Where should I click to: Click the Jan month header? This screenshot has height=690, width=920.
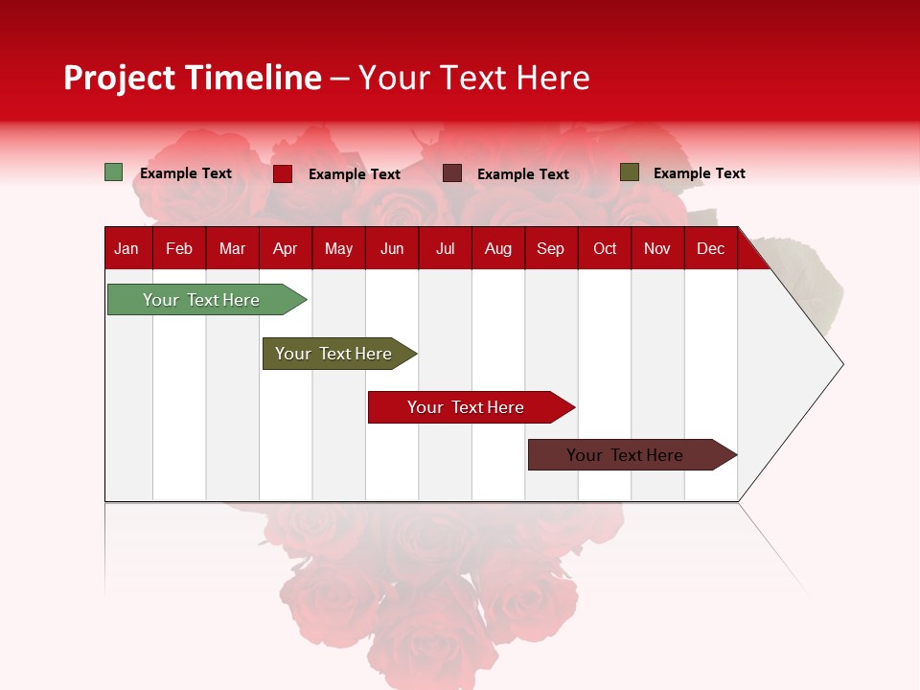(x=126, y=248)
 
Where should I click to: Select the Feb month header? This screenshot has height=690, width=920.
(x=179, y=248)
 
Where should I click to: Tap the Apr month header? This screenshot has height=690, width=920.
(x=285, y=248)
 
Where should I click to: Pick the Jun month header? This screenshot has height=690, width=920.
(x=392, y=248)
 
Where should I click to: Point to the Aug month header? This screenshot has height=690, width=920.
(x=497, y=248)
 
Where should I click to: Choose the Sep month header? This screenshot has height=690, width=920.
(x=550, y=248)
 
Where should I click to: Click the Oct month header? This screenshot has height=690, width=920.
(x=605, y=248)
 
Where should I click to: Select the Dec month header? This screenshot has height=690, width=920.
(x=710, y=248)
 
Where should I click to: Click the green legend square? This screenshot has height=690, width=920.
(x=113, y=172)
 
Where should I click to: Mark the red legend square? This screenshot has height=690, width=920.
(x=283, y=173)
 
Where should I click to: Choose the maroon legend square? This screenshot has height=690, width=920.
(x=452, y=173)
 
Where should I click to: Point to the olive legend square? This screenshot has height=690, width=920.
(x=629, y=172)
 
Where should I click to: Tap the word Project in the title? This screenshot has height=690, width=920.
(x=120, y=78)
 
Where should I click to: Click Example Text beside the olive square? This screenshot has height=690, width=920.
(x=699, y=173)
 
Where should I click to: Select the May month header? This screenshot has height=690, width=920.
(x=338, y=248)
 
